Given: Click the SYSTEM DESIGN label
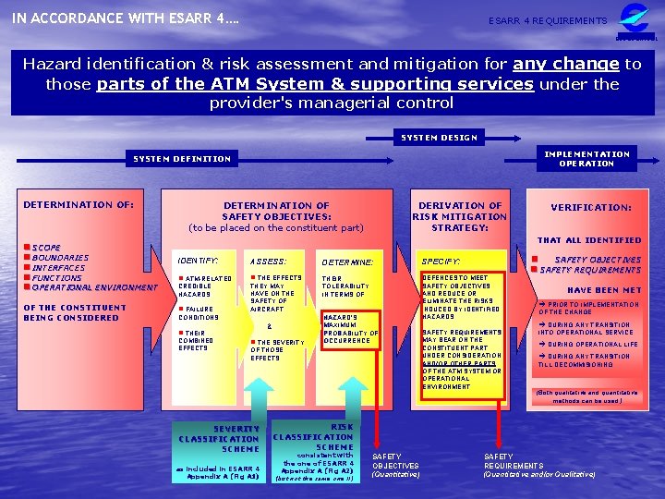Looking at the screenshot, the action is tap(439, 138).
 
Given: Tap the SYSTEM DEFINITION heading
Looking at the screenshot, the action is tap(183, 159).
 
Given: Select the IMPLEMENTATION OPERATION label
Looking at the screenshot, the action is tap(586, 158).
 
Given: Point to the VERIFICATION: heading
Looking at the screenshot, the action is tap(591, 208).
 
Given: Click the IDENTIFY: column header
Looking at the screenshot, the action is tap(198, 262).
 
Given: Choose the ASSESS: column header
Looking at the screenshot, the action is tap(269, 262).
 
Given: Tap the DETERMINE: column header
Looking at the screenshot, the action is tap(347, 262).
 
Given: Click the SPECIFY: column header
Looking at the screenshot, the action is tap(441, 262).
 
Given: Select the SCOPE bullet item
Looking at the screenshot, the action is tap(46, 248).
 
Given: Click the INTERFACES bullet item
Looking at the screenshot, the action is tap(58, 268).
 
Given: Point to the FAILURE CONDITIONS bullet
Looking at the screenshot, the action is tap(198, 313).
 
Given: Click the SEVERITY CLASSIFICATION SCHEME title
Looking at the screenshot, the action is tap(219, 438).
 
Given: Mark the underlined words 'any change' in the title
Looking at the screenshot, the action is tap(578, 64).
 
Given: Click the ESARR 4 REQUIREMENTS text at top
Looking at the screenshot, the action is tap(549, 20).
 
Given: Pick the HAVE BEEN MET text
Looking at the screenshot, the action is tap(604, 290).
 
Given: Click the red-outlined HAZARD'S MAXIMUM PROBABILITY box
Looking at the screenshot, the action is tap(349, 328).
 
